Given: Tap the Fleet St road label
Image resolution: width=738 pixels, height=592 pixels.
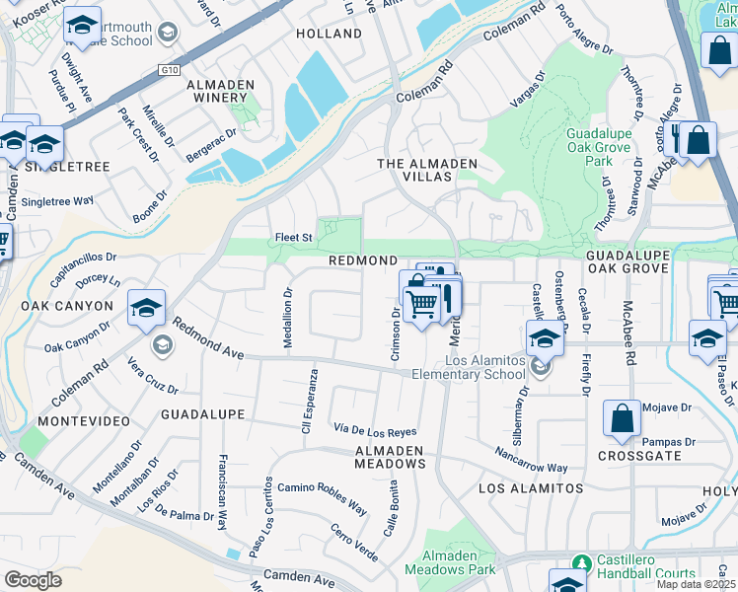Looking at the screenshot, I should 293,238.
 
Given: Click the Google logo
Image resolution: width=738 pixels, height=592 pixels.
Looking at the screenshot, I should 33,580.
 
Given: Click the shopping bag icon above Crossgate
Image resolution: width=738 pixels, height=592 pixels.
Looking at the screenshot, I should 624,419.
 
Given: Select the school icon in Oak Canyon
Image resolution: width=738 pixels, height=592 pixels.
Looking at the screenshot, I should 146,309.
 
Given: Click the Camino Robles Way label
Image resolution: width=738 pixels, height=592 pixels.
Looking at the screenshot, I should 322,499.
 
